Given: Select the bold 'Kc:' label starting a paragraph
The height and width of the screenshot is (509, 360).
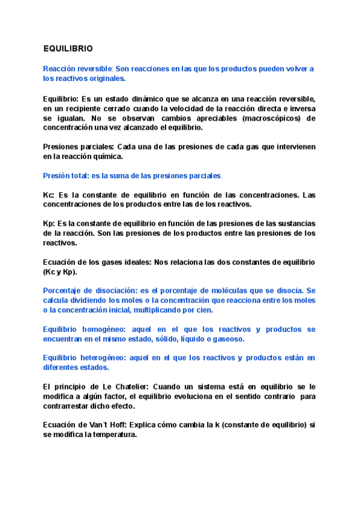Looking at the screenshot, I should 49,195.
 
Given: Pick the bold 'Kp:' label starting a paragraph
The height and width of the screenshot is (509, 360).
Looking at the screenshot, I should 49,224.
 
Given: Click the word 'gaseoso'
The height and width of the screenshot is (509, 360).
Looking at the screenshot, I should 211,339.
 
